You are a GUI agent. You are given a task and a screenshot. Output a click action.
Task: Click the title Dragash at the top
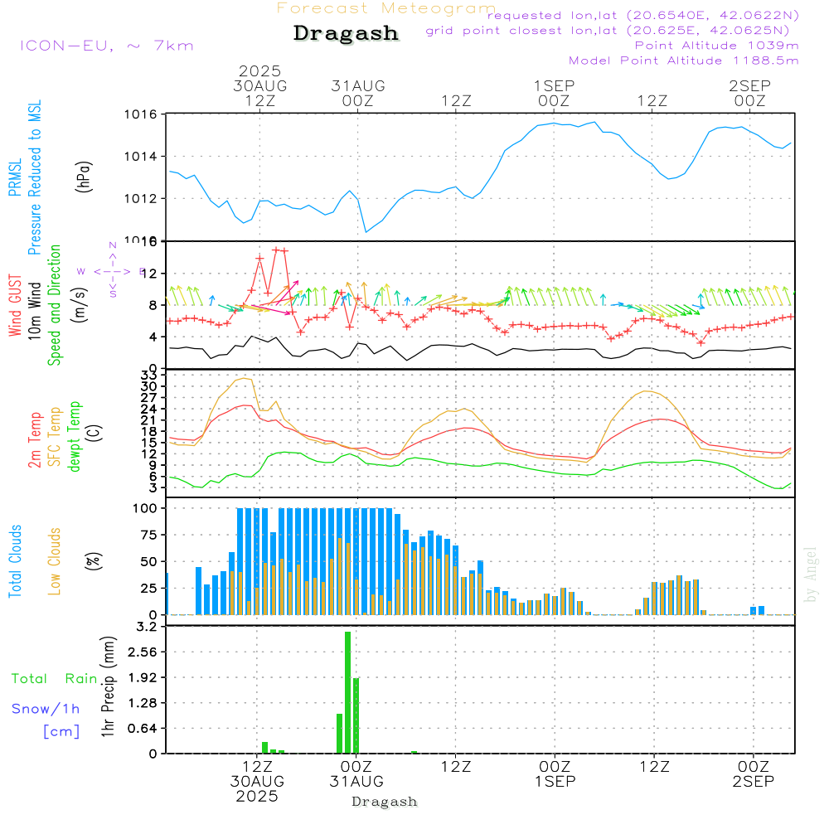(346, 34)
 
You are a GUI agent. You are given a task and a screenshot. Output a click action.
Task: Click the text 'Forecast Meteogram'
(386, 8)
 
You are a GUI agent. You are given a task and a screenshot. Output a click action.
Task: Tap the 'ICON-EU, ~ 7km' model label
(106, 46)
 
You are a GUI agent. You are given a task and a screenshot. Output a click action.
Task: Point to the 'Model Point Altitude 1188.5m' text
(683, 61)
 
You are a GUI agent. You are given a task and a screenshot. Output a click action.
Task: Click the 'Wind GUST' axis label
(15, 308)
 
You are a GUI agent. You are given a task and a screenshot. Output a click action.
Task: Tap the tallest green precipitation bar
(348, 692)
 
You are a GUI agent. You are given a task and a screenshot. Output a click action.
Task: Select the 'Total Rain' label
(55, 679)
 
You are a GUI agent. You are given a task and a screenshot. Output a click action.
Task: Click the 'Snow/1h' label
(46, 709)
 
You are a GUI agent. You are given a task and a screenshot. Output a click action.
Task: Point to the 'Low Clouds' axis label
(56, 560)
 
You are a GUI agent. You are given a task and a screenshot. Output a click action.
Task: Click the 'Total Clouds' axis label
(15, 560)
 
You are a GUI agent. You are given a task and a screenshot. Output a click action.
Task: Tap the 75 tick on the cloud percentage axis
(147, 535)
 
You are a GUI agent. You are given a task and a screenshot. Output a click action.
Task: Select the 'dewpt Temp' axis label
(75, 437)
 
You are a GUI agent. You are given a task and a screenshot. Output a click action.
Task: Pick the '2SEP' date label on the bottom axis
(752, 782)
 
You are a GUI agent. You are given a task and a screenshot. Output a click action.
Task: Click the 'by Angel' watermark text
(812, 574)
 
